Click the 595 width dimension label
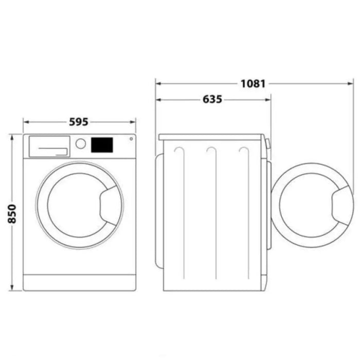(x=79, y=122)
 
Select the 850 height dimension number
(x=11, y=212)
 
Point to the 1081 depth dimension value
(x=252, y=83)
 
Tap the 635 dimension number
(x=212, y=99)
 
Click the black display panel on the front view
(x=102, y=145)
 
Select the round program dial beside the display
(x=80, y=143)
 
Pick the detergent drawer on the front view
(x=49, y=146)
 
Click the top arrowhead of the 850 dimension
(x=11, y=136)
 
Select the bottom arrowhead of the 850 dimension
(x=11, y=288)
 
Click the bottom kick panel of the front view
(x=80, y=282)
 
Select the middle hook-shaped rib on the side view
(x=211, y=154)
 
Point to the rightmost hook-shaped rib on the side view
(x=244, y=154)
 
